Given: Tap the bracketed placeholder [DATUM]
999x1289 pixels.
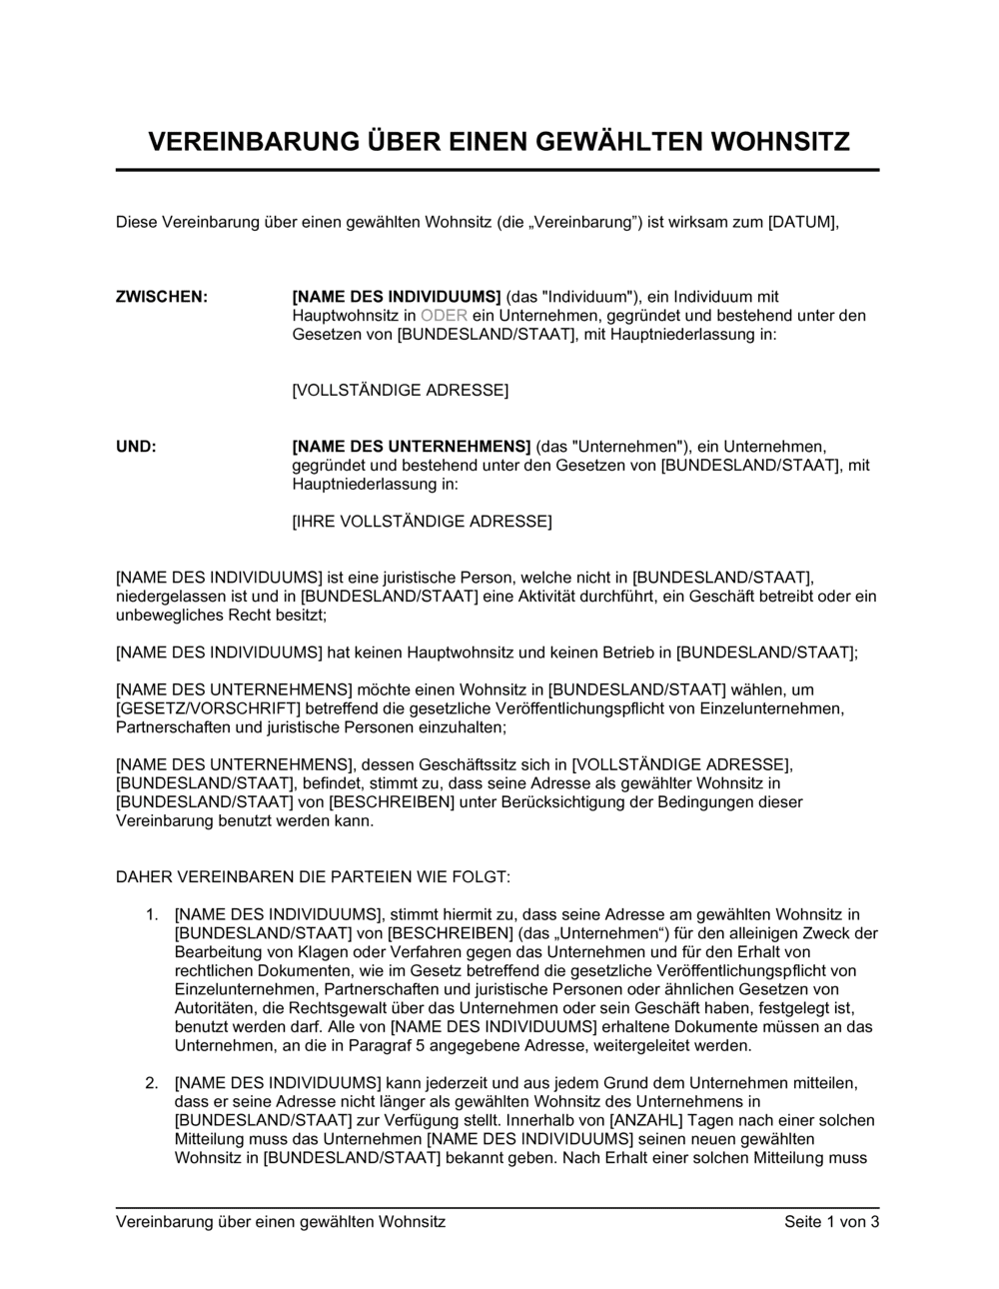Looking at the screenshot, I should tap(802, 222).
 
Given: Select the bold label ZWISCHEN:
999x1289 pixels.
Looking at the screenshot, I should tap(162, 297).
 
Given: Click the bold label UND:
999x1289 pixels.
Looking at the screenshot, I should tap(137, 447).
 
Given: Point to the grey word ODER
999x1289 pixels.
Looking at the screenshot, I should tap(444, 316).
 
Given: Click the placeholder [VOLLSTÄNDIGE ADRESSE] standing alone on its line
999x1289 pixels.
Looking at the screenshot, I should tap(400, 390).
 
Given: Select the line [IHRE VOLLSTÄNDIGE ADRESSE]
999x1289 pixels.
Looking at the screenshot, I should tap(422, 522).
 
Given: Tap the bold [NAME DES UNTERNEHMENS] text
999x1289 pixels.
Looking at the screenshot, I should tap(411, 447).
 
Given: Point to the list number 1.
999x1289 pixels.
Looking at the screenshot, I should tap(151, 913).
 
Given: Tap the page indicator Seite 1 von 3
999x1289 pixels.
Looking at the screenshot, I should tap(831, 1222).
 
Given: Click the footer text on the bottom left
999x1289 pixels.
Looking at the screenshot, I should tap(281, 1222).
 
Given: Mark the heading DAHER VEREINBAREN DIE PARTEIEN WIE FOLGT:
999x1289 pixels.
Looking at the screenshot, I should tap(314, 877).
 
